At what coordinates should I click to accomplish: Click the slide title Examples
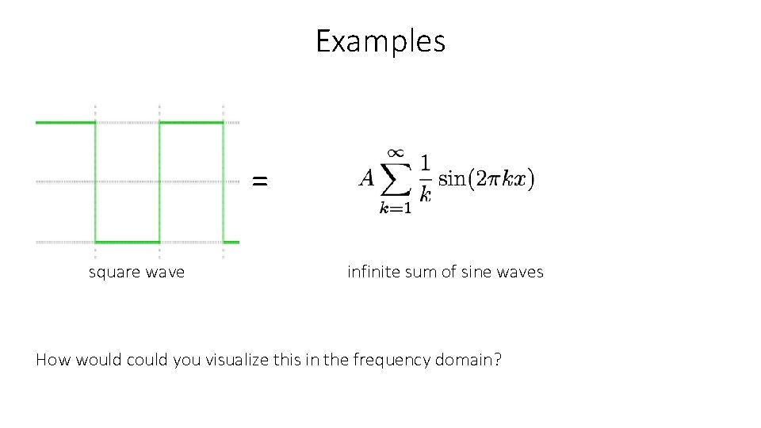pyautogui.click(x=380, y=41)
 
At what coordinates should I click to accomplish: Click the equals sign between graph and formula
pyautogui.click(x=259, y=182)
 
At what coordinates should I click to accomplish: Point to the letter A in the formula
pyautogui.click(x=366, y=178)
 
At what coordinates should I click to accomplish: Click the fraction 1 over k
pyautogui.click(x=425, y=178)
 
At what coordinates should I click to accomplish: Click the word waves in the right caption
pyautogui.click(x=520, y=273)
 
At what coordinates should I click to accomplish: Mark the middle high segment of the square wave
pyautogui.click(x=191, y=122)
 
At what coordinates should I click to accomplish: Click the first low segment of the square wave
pyautogui.click(x=127, y=242)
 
